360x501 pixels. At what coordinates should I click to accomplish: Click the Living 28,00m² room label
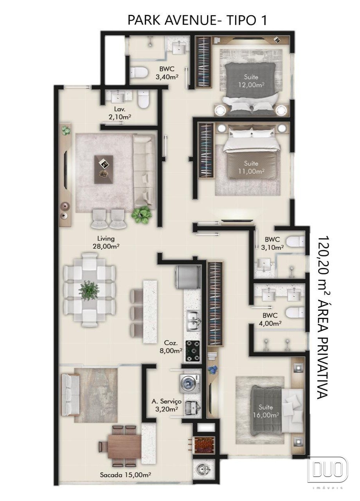click(106, 242)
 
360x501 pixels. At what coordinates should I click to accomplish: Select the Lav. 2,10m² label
click(119, 113)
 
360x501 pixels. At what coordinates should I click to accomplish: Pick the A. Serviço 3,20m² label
click(166, 405)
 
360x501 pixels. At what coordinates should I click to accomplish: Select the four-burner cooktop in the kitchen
click(193, 351)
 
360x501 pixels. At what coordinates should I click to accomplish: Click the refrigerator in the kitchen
click(187, 277)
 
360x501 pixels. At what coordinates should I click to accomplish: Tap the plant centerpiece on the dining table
click(88, 290)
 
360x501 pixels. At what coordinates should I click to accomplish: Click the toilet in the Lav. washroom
click(143, 99)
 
